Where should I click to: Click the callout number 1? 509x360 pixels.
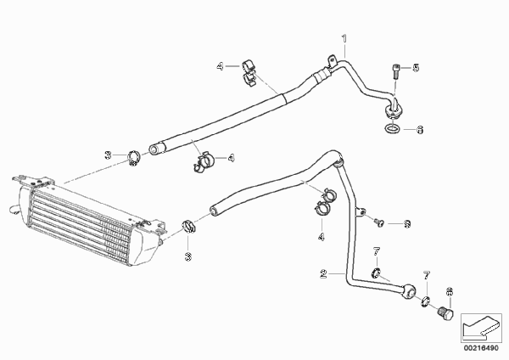[344, 38]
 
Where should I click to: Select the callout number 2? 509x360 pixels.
[323, 273]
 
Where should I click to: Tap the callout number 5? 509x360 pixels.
[416, 68]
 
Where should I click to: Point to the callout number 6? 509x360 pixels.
[420, 130]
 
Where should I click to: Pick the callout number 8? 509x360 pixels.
[450, 292]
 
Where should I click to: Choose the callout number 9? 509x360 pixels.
[407, 224]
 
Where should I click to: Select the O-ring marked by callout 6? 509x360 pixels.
[392, 129]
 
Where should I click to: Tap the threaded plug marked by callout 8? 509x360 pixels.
[445, 314]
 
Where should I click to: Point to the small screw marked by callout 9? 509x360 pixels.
[378, 222]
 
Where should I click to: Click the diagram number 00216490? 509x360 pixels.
[481, 348]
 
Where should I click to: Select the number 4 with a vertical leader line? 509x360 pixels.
[321, 237]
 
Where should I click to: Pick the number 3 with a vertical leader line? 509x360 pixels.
[188, 257]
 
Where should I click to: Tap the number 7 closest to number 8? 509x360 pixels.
[427, 276]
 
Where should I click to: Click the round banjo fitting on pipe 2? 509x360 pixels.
[409, 291]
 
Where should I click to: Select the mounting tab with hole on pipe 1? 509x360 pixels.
[332, 61]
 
